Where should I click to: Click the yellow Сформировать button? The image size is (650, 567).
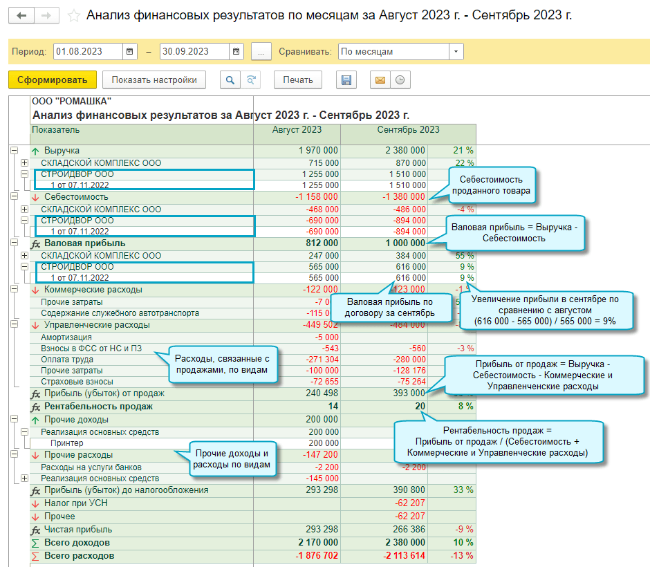click(52, 80)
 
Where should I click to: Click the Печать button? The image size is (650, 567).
click(298, 80)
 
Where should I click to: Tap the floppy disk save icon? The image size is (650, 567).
click(346, 80)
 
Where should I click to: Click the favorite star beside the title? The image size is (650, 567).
click(74, 15)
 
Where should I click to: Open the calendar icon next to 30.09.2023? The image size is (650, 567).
click(237, 52)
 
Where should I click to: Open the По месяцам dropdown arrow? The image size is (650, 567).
click(456, 52)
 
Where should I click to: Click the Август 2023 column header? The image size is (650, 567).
click(297, 130)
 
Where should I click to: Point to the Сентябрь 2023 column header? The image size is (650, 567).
click(408, 130)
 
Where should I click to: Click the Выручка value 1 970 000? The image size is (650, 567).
click(318, 151)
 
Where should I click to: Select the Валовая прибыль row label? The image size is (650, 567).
click(84, 243)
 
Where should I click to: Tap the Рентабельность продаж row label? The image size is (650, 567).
click(98, 407)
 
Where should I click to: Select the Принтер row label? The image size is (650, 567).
click(66, 443)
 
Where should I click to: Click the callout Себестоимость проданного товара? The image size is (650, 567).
click(492, 185)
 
